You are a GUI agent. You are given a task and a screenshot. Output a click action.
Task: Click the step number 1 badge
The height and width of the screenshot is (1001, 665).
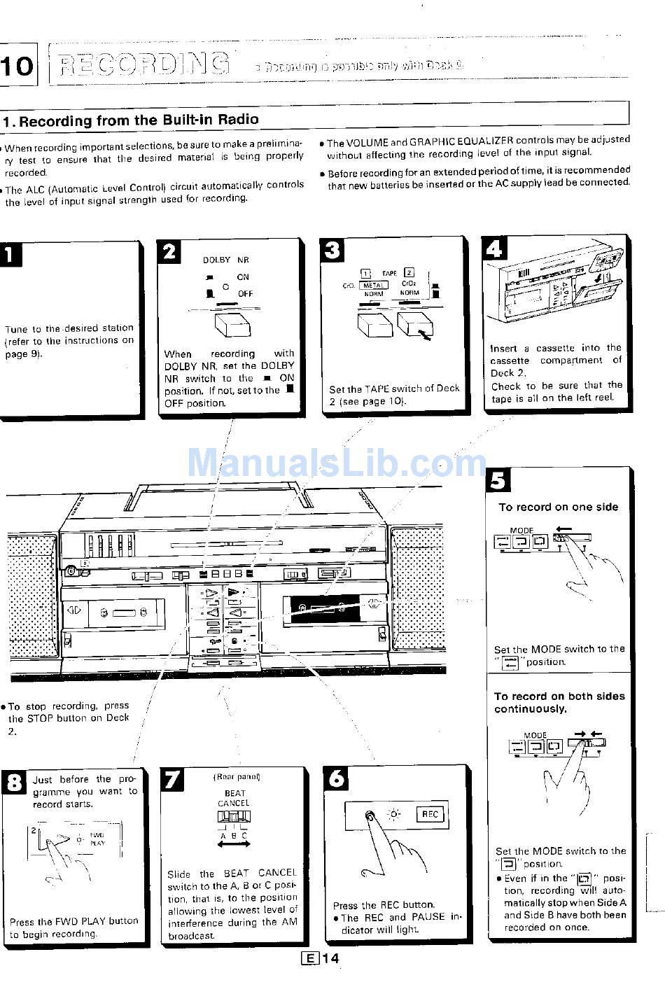10,255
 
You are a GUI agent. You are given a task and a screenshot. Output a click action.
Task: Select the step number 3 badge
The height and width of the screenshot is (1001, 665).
332,250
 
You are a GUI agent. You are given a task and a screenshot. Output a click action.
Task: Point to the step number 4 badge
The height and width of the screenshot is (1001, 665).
493,248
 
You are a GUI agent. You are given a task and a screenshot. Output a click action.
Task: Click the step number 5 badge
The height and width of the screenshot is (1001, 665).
498,480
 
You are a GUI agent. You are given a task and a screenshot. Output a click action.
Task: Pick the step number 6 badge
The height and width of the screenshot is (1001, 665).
337,778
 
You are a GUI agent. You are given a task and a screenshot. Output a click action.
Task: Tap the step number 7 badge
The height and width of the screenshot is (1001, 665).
172,779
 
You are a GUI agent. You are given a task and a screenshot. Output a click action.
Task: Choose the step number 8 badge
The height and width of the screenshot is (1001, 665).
13,782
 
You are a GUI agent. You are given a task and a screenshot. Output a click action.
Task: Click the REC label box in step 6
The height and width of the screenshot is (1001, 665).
430,814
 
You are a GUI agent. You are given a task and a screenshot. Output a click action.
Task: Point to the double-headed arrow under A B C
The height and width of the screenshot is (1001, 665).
234,845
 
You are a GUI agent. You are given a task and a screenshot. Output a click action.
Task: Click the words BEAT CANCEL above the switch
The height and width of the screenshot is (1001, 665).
233,799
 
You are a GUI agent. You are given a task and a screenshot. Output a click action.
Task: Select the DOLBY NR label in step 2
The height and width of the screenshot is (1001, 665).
225,260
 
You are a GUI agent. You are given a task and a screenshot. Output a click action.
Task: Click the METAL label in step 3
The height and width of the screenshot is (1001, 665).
373,285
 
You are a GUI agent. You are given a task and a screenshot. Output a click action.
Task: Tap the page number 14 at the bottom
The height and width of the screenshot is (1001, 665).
330,958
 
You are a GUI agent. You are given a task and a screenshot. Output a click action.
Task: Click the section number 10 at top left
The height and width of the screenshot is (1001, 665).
16,66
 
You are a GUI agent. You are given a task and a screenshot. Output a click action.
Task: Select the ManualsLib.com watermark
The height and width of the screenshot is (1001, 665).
336,463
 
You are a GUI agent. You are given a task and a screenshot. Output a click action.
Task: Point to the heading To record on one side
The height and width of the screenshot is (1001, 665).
558,507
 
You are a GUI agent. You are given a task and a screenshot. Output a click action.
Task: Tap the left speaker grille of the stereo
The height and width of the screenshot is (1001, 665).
32,595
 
